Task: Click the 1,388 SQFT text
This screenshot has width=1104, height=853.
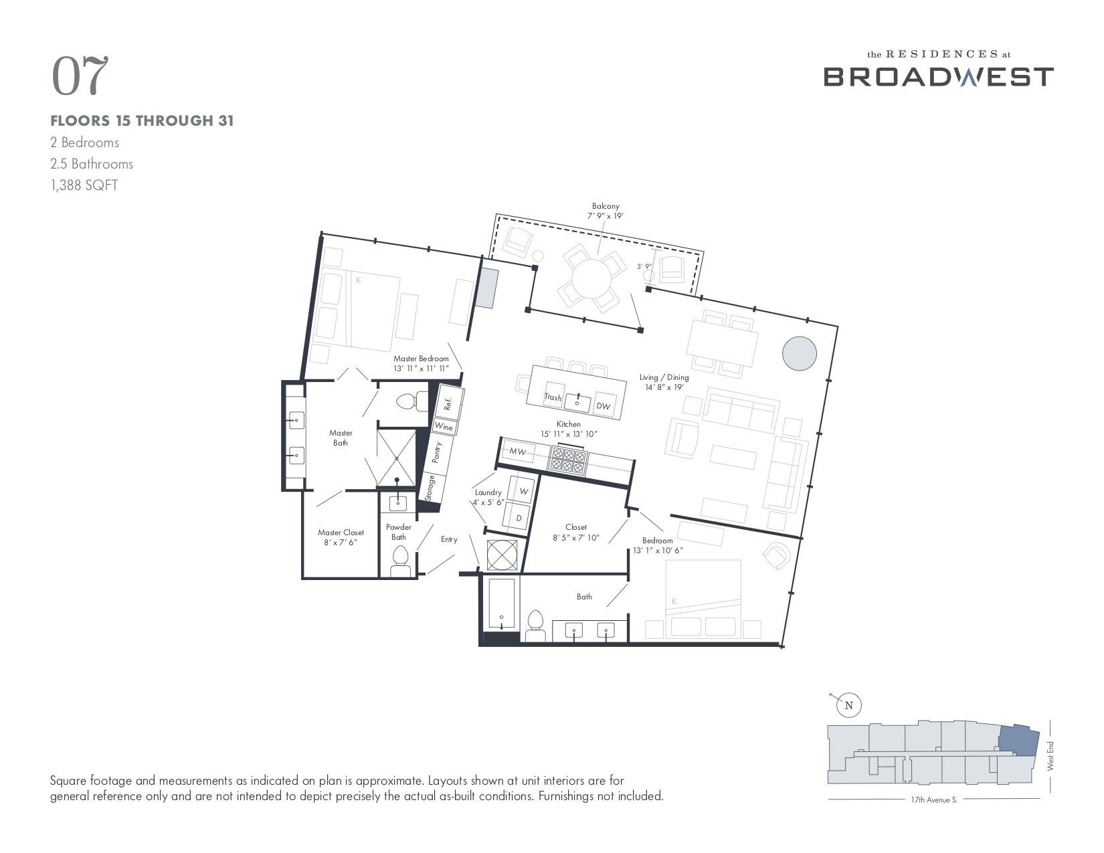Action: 84,185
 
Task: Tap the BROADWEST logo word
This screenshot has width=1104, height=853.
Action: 938,77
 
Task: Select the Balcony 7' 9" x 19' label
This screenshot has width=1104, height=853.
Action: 605,211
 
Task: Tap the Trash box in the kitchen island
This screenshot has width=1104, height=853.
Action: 554,396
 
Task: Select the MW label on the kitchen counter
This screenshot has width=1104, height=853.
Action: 518,452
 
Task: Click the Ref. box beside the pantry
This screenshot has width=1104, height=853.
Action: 449,403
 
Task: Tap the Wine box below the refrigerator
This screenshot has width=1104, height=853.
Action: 444,427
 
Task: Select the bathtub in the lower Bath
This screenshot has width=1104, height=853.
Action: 501,603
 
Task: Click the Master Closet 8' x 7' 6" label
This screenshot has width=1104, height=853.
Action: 341,537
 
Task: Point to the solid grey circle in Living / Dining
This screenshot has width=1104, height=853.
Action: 799,353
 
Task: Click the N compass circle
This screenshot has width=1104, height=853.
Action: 849,705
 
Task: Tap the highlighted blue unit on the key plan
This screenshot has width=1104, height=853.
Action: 1018,739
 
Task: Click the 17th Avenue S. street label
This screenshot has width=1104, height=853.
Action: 933,799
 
